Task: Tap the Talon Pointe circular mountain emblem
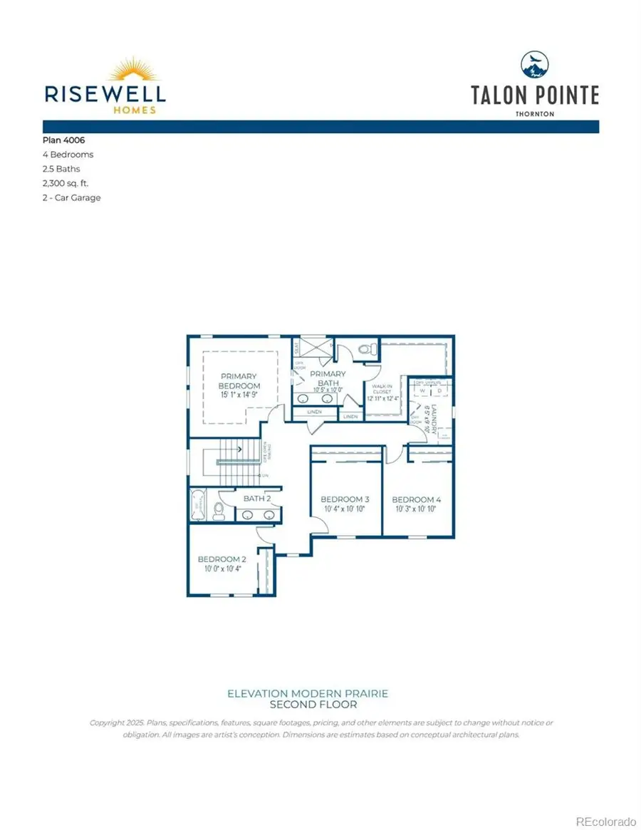(x=535, y=65)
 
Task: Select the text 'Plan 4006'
(x=64, y=140)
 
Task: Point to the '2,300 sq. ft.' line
(x=65, y=183)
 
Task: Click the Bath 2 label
(x=257, y=499)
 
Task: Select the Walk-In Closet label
(x=382, y=389)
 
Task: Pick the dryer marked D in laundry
(x=439, y=390)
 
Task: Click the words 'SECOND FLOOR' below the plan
(x=308, y=705)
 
